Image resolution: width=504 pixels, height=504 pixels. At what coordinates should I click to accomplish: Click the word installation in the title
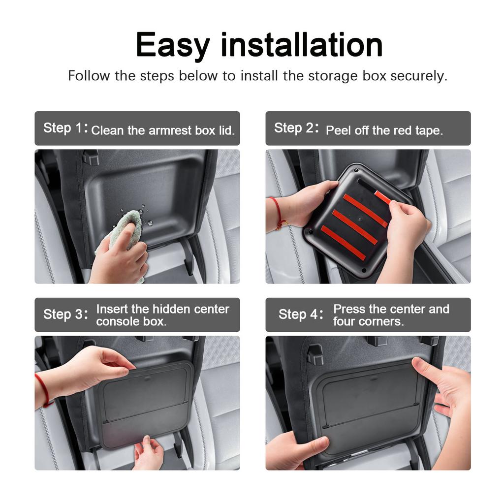click(x=302, y=44)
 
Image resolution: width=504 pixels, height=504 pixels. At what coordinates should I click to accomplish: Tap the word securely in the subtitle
click(x=418, y=76)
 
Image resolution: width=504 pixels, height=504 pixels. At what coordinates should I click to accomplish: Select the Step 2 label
click(x=296, y=128)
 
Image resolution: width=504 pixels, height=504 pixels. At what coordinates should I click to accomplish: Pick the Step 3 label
click(x=65, y=315)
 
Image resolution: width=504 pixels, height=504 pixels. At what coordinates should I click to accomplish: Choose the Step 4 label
click(x=301, y=315)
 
